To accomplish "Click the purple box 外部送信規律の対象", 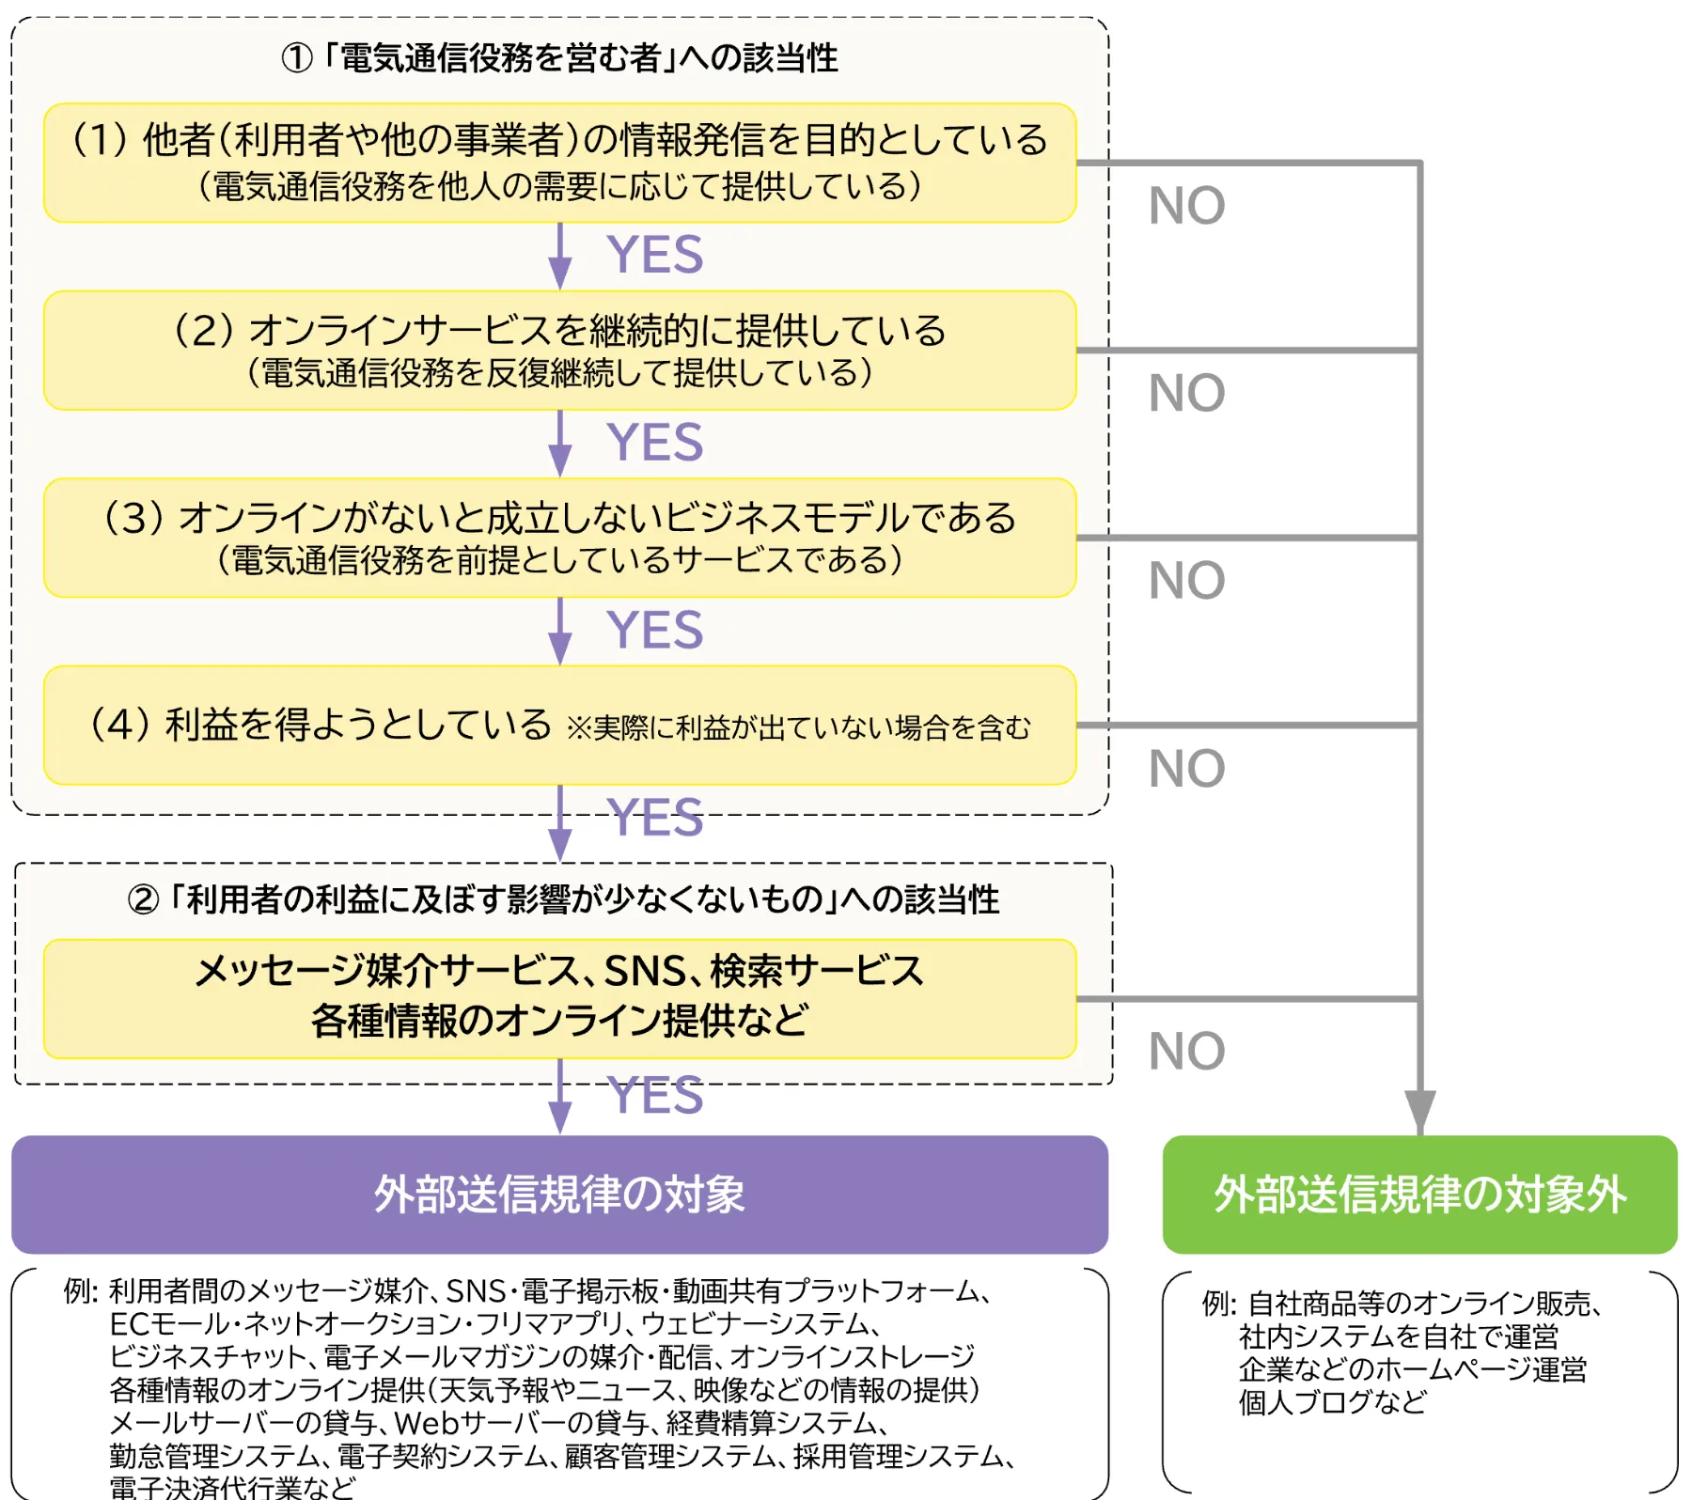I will [x=559, y=1195].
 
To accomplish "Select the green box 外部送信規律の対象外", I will [x=1419, y=1195].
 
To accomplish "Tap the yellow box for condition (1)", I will [x=559, y=163].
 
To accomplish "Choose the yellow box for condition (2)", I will [x=559, y=350].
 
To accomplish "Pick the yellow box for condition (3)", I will [x=559, y=538].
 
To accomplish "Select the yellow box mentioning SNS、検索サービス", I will [x=559, y=998].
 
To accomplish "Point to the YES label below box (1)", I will [x=654, y=255].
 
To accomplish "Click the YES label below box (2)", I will [x=654, y=442].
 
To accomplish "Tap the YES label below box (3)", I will [x=654, y=630].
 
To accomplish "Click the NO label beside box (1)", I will [x=1186, y=206].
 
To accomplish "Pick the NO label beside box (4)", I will [x=1186, y=769].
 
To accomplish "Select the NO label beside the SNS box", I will [x=1186, y=1051].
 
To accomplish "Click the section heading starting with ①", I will [x=559, y=58].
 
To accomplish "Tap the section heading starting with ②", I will [x=563, y=899].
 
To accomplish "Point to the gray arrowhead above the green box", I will [x=1419, y=1111].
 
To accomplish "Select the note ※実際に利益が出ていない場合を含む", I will [x=798, y=727].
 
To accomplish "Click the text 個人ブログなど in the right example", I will [x=1332, y=1402].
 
